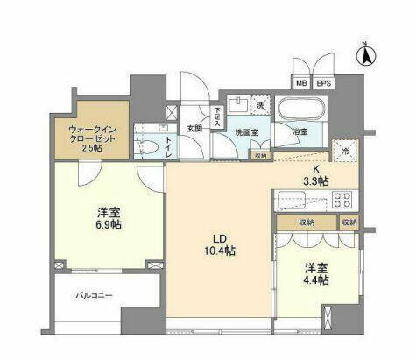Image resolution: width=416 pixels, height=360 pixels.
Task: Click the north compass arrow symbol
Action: tap(365, 55)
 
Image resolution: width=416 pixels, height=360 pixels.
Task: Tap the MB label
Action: tap(301, 84)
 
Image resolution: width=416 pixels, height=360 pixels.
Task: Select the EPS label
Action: tap(323, 84)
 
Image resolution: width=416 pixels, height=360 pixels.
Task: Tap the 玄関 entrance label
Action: tap(194, 128)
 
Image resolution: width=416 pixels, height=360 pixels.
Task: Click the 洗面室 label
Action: tap(247, 133)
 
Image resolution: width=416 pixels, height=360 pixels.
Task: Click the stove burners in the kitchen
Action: tap(341, 198)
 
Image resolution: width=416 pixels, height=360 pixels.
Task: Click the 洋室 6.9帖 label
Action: tap(108, 218)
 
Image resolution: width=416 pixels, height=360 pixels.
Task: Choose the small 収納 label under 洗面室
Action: tap(260, 155)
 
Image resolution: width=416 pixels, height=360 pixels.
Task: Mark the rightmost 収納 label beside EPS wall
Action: tap(349, 222)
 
